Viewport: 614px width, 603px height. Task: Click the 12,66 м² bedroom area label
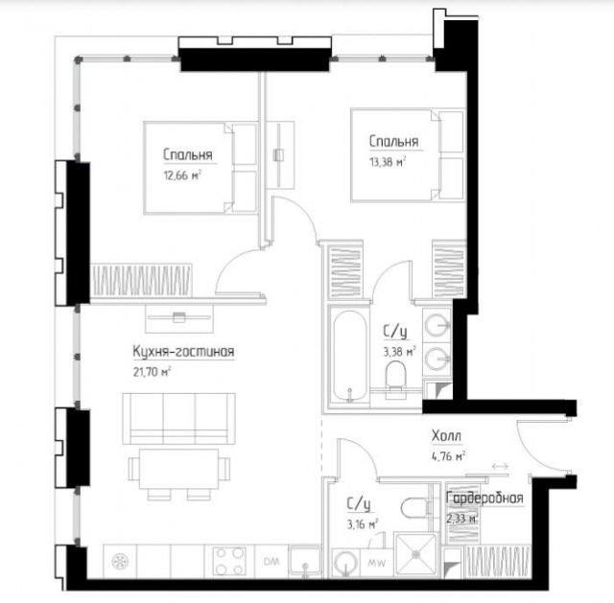182,174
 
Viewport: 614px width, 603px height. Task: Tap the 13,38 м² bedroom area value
388,162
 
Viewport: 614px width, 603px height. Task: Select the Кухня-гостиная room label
183,352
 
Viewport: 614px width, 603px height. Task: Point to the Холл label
446,435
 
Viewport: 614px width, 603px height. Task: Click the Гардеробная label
484,499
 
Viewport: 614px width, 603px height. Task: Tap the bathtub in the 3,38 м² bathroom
351,356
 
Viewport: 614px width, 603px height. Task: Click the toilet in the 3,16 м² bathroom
414,508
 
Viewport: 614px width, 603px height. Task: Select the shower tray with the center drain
415,554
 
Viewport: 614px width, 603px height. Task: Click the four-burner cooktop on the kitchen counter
229,561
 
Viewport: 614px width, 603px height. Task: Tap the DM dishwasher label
272,562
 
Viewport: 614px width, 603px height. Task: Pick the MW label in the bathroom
376,563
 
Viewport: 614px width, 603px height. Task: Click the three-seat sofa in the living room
179,419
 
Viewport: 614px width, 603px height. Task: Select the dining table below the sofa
179,469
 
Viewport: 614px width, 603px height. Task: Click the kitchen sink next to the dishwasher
304,561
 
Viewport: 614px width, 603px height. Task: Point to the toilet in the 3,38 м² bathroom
394,380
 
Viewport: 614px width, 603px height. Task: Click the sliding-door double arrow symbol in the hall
500,466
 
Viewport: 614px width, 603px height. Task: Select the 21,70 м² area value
152,372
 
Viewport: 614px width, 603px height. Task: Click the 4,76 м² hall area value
448,456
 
